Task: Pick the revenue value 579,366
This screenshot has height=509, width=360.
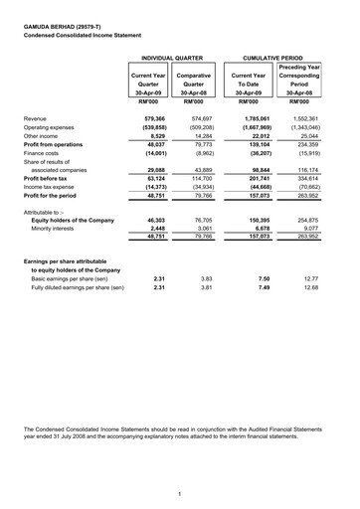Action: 149,118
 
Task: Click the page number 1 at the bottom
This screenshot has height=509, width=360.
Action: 179,494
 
